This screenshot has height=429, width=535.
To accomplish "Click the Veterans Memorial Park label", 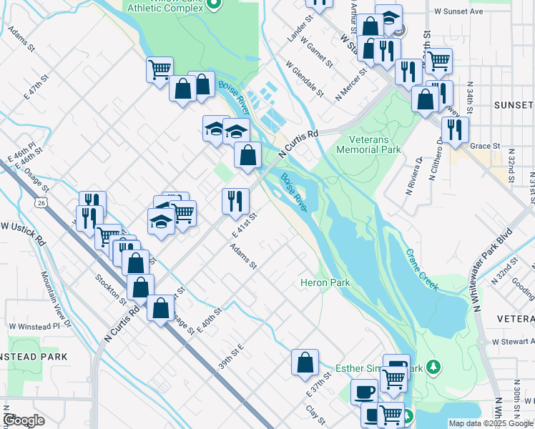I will [x=375, y=144].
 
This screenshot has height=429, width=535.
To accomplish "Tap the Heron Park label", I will [x=325, y=282].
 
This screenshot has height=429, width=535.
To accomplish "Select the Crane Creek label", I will [x=422, y=270].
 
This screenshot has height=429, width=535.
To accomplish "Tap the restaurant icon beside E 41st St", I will [x=235, y=202].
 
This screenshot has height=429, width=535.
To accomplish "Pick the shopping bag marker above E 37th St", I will [x=305, y=362].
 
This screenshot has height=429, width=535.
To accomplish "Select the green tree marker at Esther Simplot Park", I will [x=432, y=367].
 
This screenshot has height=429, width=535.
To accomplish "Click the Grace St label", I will [x=486, y=146].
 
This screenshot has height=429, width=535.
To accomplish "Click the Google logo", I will [x=24, y=420].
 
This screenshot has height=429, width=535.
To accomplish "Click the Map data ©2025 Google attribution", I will [x=491, y=424].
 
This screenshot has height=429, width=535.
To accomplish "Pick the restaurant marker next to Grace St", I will [x=455, y=129].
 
